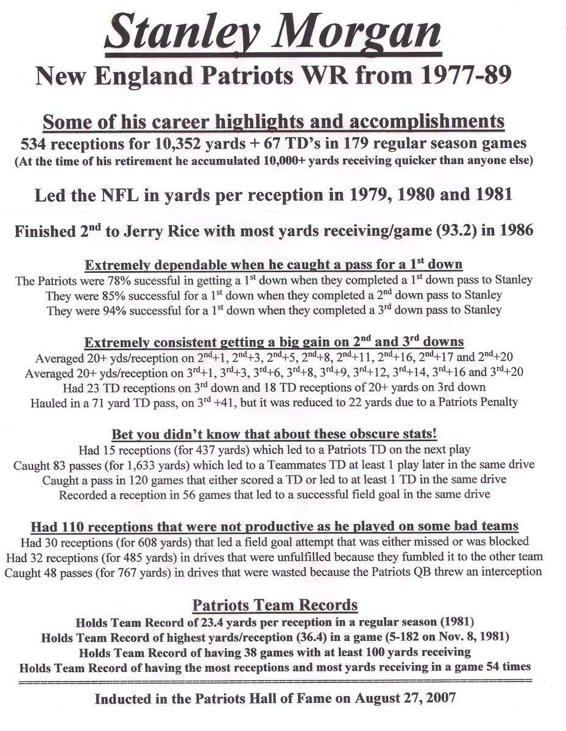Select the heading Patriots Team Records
click(x=275, y=606)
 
